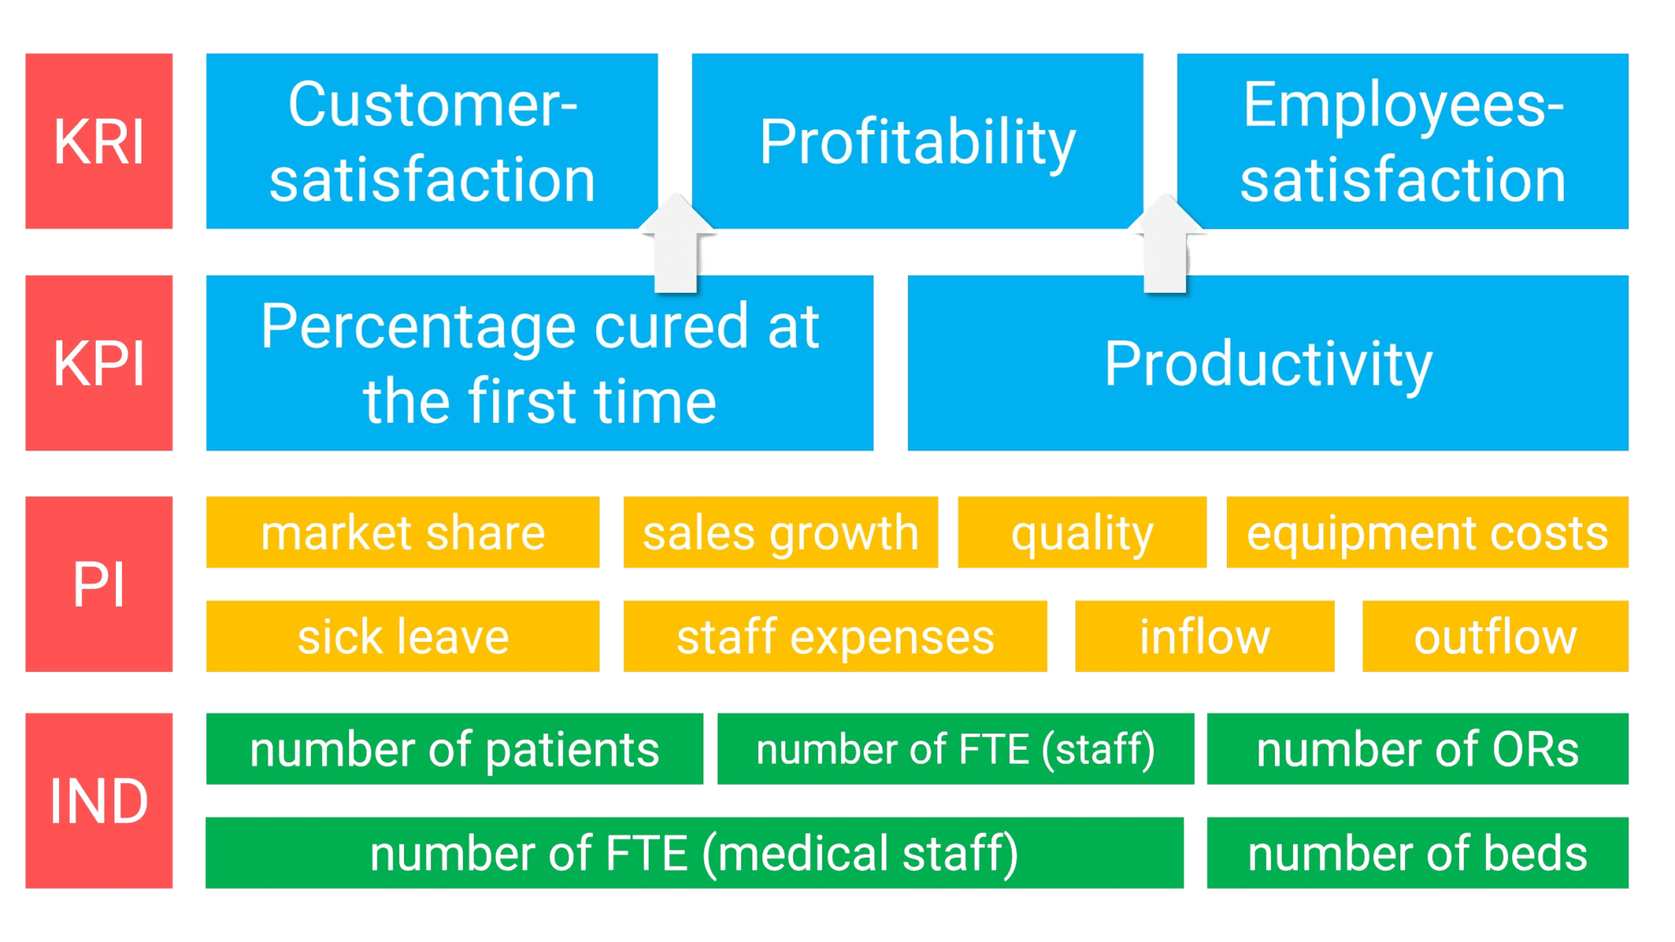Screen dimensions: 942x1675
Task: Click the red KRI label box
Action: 99,141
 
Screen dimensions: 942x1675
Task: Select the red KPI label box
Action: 99,362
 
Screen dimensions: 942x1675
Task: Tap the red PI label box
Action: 99,584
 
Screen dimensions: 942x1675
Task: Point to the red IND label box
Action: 99,801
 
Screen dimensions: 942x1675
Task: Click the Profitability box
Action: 917,141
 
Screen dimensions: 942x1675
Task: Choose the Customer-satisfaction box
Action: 432,141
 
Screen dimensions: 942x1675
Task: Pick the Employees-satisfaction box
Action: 1403,141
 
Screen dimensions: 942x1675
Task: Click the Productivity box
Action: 1268,362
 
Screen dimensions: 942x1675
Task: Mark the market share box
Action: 402,532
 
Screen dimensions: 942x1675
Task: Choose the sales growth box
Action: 779,532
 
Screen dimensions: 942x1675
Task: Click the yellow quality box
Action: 1081,532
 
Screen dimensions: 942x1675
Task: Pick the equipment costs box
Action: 1427,532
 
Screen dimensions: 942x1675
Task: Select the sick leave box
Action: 402,636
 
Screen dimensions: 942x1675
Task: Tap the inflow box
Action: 1204,636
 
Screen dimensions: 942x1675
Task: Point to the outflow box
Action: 1495,636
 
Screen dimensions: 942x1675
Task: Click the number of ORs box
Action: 1417,749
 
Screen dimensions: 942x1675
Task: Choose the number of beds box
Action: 1417,853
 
